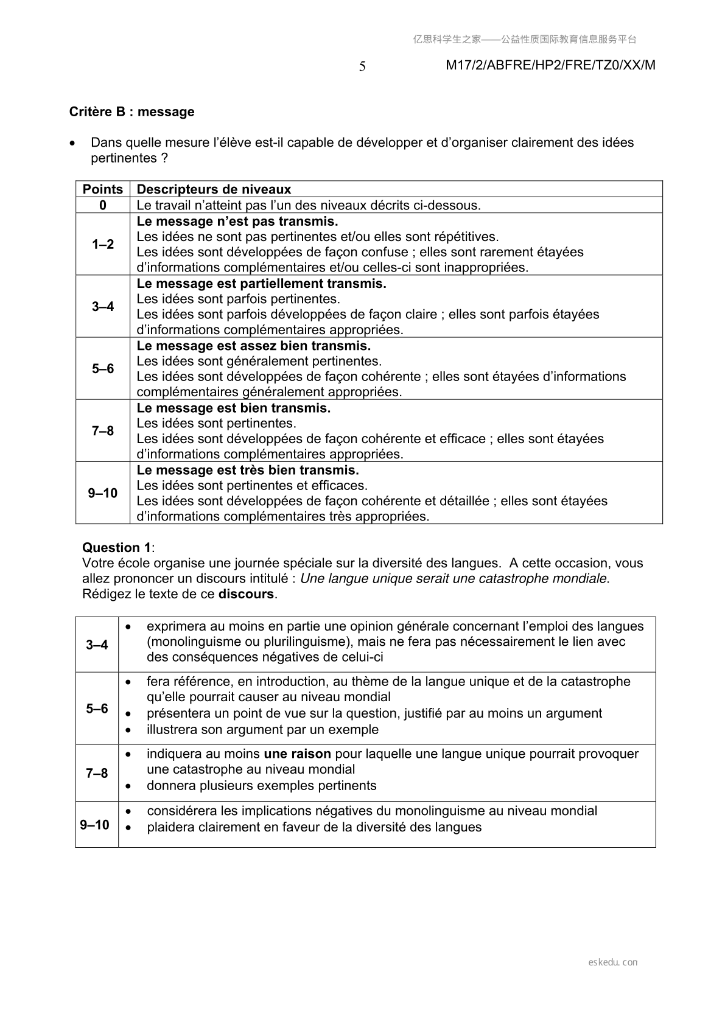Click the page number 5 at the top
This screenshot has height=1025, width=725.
coord(362,67)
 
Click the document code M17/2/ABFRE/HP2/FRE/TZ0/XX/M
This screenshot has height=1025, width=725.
coord(550,66)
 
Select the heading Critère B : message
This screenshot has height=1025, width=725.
coord(132,112)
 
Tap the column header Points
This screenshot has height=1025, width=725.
coord(103,189)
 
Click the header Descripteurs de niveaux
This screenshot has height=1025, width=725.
coord(214,189)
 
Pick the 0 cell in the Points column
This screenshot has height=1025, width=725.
coord(103,205)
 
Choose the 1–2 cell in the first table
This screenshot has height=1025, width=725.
coord(103,244)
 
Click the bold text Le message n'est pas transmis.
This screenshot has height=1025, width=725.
coord(237,222)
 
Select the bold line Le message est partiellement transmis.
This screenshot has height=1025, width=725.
coord(261,284)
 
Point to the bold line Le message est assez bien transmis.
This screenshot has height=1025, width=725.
coord(253,346)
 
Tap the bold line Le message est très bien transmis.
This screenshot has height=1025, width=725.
coord(248,471)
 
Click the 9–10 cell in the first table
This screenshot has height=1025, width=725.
coord(103,493)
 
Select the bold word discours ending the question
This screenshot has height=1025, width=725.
coord(246,594)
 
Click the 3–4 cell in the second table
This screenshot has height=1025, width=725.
coord(97,645)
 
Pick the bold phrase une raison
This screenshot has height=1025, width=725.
coord(297,754)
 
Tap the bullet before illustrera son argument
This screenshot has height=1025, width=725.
coord(128,730)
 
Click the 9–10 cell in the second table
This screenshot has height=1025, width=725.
coord(95,825)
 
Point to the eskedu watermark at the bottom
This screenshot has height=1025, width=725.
coord(613,962)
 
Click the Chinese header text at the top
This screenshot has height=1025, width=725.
coord(525,40)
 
